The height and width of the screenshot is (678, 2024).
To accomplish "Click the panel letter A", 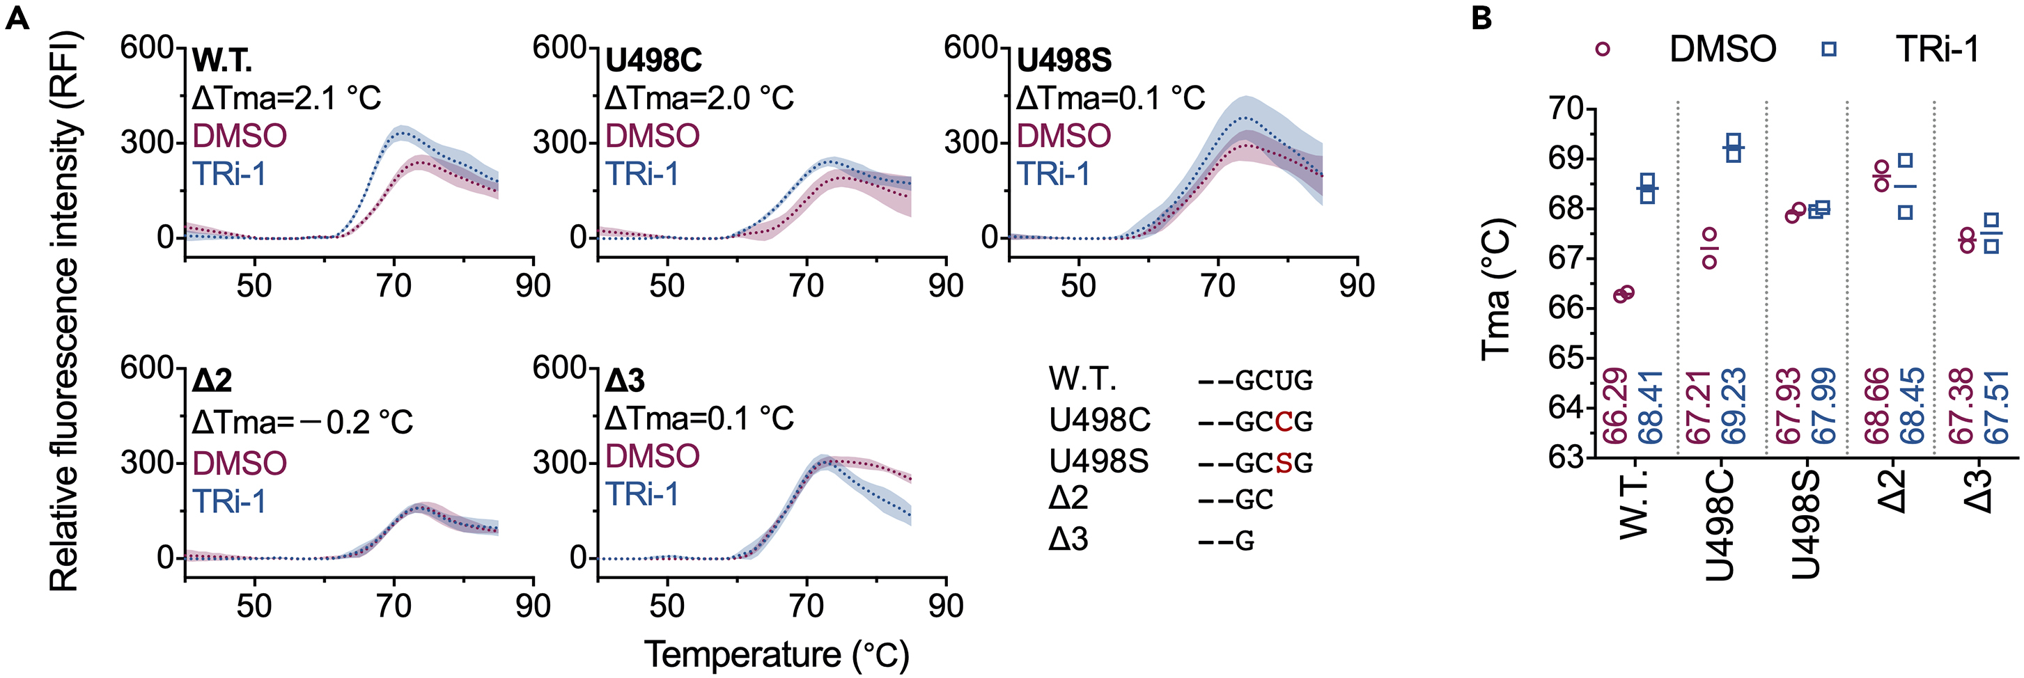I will (x=17, y=17).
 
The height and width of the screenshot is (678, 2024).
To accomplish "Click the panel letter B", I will (x=1481, y=17).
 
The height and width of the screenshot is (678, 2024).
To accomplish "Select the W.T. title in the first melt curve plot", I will (x=222, y=61).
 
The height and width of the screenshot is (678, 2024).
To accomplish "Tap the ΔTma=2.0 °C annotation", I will (x=699, y=98).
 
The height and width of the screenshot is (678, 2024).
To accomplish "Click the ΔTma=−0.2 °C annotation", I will (x=302, y=422).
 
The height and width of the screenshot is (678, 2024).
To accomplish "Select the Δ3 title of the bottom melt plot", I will (x=625, y=381).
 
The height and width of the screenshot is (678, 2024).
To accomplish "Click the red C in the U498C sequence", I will (x=1284, y=422).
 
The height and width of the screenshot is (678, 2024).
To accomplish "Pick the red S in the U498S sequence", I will (x=1284, y=463).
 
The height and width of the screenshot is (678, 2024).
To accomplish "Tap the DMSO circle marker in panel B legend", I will (x=1603, y=49).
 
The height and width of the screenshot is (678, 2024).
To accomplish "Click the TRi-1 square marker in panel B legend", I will (x=1829, y=49).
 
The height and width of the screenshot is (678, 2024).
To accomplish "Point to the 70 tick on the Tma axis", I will (x=1565, y=109).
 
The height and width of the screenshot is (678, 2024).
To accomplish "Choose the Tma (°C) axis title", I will (x=1497, y=289).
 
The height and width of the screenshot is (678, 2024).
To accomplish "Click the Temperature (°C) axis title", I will (x=777, y=654).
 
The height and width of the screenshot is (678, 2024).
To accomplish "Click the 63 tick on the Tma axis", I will (x=1565, y=457).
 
